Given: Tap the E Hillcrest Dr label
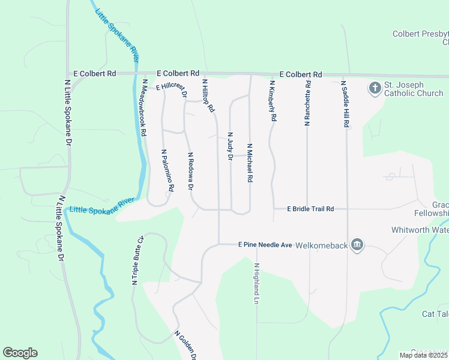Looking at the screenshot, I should click(x=172, y=89).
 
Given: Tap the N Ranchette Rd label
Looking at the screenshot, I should click(x=307, y=103).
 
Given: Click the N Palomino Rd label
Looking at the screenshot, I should click(x=167, y=171).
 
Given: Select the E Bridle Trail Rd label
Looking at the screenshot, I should click(x=310, y=209).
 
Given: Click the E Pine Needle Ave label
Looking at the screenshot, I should click(x=265, y=245).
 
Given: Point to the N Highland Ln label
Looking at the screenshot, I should click(x=256, y=284).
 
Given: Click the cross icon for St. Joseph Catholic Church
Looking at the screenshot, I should click(x=375, y=89).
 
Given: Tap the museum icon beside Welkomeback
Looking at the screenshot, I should click(x=358, y=245).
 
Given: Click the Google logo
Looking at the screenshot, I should click(x=20, y=353).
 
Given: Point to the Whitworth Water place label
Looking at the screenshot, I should click(x=420, y=230).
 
